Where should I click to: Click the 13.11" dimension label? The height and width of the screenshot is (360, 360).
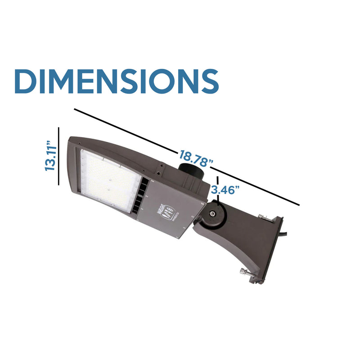(x=50, y=157)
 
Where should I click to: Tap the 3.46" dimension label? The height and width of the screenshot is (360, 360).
(x=225, y=189)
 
